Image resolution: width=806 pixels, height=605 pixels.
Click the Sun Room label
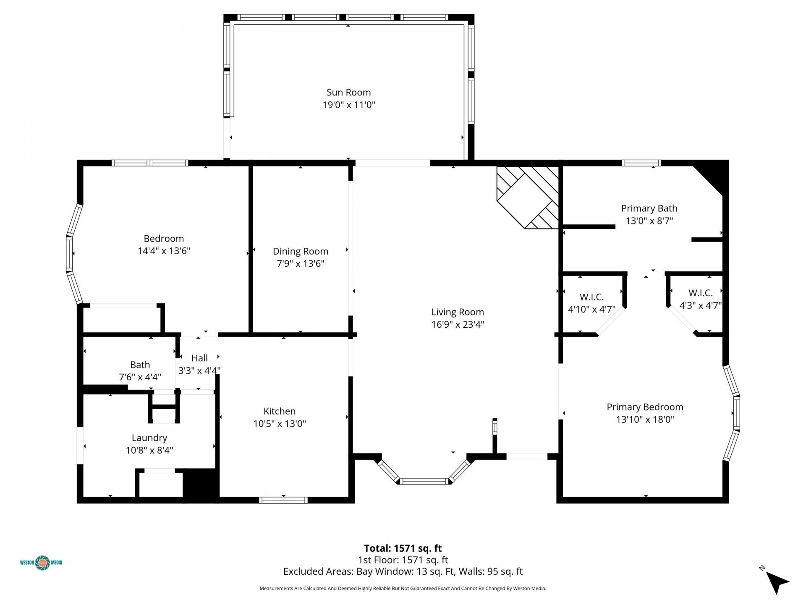pos(348,92)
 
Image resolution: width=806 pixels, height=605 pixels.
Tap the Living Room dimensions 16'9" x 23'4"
pos(458,324)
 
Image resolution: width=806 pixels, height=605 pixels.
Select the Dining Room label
pos(300,251)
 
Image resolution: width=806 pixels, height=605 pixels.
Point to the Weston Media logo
pos(41,563)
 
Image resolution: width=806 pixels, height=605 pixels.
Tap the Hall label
pos(199,358)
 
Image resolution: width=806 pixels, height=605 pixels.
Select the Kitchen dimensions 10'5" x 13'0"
pos(279,423)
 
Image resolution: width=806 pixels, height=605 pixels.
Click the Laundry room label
pos(149,438)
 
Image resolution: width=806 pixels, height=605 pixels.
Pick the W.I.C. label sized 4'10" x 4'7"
pos(591,297)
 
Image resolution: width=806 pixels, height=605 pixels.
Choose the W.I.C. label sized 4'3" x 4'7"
pos(700,293)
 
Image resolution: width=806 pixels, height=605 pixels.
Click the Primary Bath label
pos(649,208)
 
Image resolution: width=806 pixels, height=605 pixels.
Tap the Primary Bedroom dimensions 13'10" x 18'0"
pos(645,419)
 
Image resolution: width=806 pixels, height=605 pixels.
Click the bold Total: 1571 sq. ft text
pos(403,548)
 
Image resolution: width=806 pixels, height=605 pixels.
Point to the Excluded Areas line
pos(403,571)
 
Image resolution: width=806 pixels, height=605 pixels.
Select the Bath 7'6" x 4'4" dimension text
pos(140,377)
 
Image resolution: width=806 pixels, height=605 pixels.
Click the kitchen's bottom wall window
pos(283,500)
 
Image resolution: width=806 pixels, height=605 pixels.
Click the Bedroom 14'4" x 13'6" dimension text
pos(164,251)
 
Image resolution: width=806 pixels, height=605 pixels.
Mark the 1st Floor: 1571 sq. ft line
pos(403,560)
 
